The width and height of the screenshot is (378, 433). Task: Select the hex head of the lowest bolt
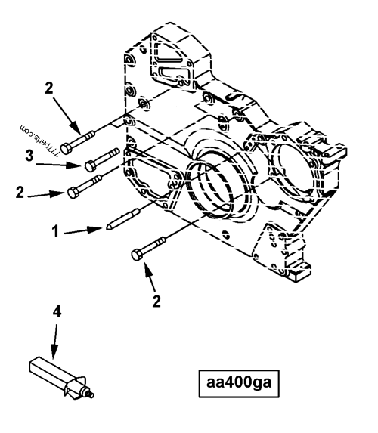138,256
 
